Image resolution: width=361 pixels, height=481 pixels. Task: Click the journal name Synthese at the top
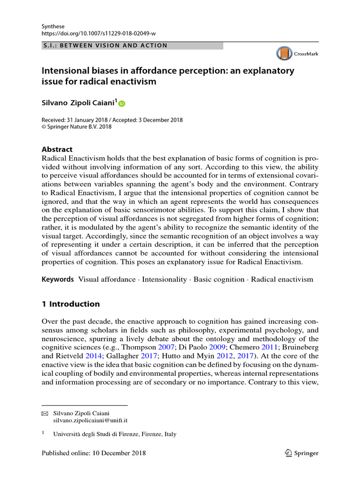point(53,26)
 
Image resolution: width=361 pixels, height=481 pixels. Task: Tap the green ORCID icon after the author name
point(122,103)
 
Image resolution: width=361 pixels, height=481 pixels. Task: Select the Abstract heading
point(57,149)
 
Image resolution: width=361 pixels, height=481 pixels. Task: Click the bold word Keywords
point(58,279)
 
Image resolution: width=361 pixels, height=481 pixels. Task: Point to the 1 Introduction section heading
point(71,304)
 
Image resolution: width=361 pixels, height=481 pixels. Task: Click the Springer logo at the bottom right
point(302,453)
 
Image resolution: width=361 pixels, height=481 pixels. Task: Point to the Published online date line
point(94,453)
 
